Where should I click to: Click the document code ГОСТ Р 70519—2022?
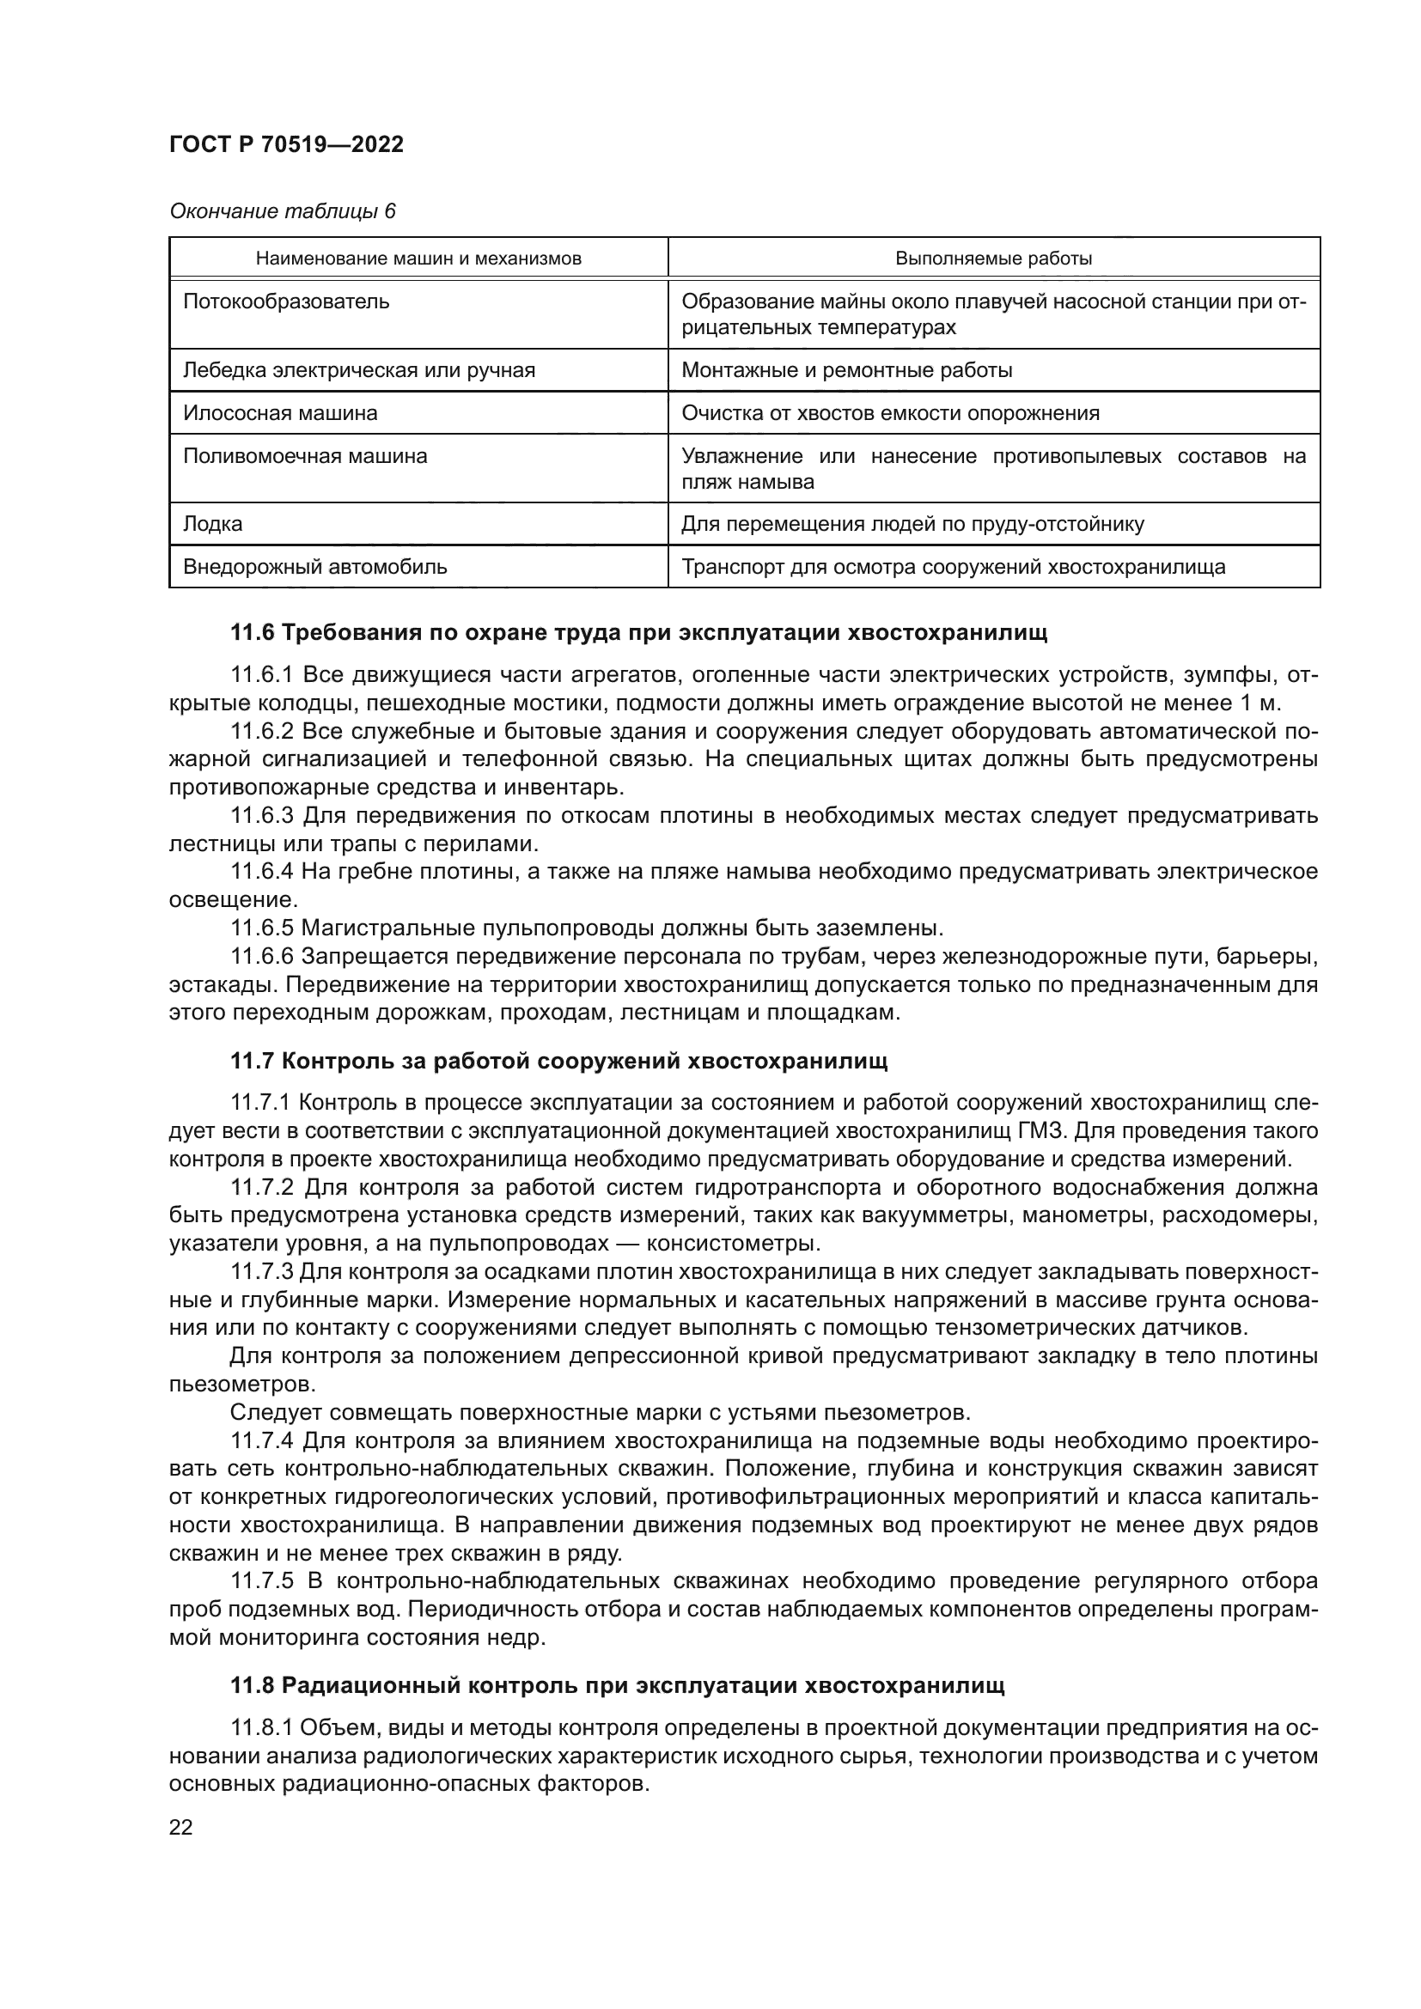[x=286, y=145]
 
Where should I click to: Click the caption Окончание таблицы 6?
[x=282, y=211]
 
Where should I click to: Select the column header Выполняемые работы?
[x=993, y=259]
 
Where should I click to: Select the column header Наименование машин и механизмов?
[x=418, y=259]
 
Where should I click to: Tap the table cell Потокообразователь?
[x=286, y=301]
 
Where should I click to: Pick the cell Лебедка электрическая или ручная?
[x=359, y=370]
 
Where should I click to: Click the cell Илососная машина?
[x=280, y=413]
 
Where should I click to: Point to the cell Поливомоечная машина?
[x=304, y=456]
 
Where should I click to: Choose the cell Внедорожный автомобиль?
[x=315, y=567]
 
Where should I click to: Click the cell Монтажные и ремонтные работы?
[x=846, y=370]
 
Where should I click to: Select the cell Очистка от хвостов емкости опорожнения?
[x=890, y=413]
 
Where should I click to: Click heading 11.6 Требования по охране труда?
[x=637, y=633]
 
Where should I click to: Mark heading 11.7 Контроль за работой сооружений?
[x=558, y=1062]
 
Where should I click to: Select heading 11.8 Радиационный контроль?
[x=617, y=1686]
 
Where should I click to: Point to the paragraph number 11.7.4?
[x=263, y=1440]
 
